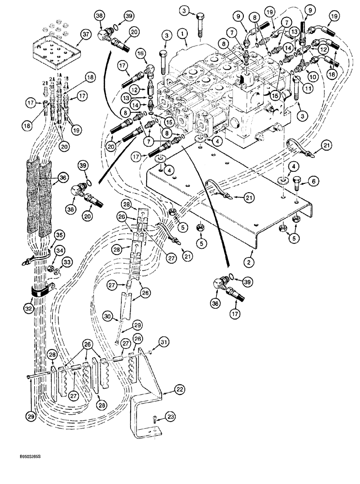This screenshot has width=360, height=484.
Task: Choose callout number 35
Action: coord(59,236)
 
